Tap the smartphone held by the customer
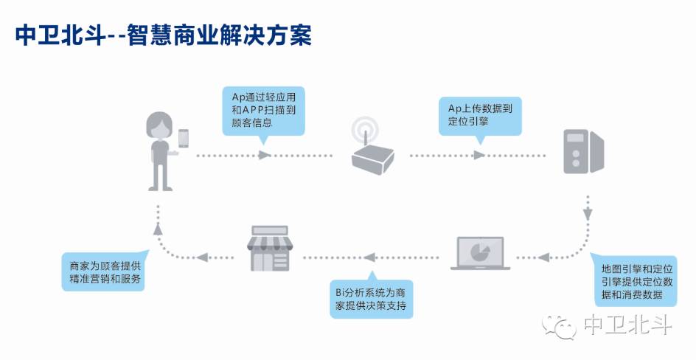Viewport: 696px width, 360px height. click(184, 138)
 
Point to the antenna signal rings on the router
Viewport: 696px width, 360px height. click(363, 129)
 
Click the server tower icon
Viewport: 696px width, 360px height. click(583, 151)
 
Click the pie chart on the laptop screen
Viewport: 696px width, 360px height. click(480, 249)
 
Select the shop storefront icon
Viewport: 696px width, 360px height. click(269, 251)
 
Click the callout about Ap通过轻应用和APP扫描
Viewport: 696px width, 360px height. click(263, 111)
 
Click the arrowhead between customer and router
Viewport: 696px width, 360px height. click(265, 156)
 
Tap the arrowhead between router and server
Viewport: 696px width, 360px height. click(479, 156)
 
